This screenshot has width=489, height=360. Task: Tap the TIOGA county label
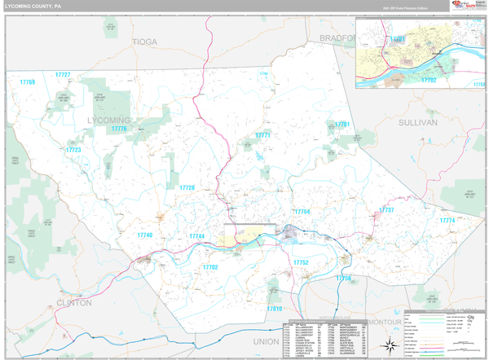tap(144, 42)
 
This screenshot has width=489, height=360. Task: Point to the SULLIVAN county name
tap(418, 121)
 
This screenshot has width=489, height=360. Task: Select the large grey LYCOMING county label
tap(108, 120)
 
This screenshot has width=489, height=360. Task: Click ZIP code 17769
tap(28, 83)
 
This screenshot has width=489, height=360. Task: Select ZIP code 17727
tap(63, 75)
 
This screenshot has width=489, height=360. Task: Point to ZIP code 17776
tap(119, 130)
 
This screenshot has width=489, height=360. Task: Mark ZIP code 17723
tap(73, 150)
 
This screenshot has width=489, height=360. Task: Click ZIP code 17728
tap(187, 188)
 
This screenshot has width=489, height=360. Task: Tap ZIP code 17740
tap(145, 235)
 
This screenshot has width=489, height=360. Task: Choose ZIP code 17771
tap(262, 136)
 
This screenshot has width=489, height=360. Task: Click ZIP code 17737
tap(386, 210)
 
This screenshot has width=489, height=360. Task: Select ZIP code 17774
tap(447, 221)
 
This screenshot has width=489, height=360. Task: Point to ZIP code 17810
tap(273, 310)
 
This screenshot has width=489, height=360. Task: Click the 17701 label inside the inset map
tap(397, 39)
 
